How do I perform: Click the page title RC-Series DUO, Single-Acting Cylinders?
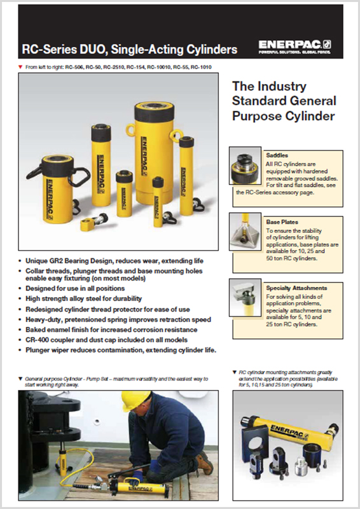click(x=129, y=48)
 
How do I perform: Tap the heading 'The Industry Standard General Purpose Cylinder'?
click(x=284, y=101)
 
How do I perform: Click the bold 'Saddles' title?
click(x=277, y=155)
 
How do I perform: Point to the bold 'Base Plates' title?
click(x=281, y=222)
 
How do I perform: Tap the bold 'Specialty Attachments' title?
click(x=296, y=288)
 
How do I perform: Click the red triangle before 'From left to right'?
click(x=21, y=66)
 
